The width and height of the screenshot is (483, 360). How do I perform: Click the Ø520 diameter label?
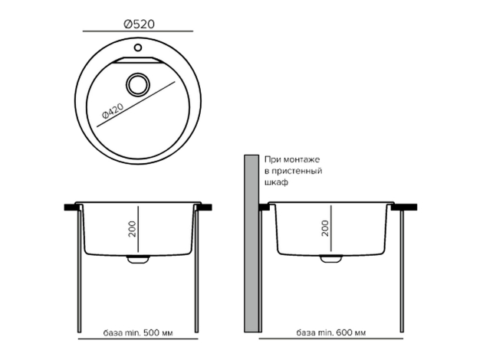click(x=139, y=24)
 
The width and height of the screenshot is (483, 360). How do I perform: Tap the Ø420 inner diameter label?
click(x=113, y=111)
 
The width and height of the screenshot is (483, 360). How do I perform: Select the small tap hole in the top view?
click(x=138, y=47)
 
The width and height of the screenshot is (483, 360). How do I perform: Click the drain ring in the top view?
click(x=138, y=84)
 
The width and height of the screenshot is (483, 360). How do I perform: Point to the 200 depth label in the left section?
click(x=132, y=228)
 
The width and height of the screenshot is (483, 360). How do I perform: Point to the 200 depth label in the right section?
click(x=324, y=228)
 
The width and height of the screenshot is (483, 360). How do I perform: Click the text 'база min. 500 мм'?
click(x=138, y=332)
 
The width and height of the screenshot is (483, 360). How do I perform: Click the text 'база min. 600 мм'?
click(x=331, y=332)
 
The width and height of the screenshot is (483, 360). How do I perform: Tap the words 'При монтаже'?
click(x=292, y=159)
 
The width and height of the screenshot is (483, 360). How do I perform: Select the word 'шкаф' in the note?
click(x=276, y=182)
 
